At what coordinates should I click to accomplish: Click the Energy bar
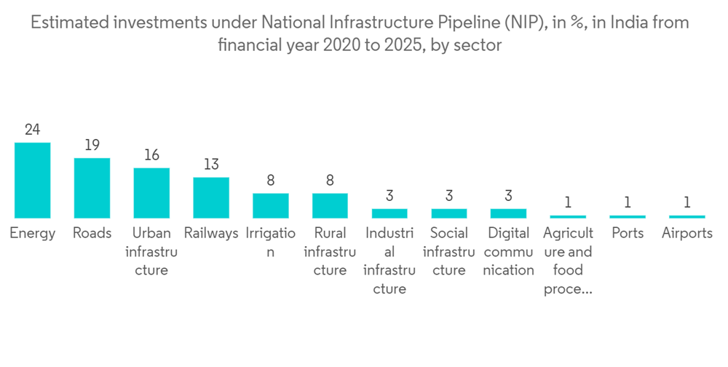coord(33,180)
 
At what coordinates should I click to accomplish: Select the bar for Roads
coord(92,188)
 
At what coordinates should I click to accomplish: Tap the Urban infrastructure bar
coord(151,193)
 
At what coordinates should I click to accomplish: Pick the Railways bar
coord(211,197)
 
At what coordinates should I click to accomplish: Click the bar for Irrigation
coord(270,205)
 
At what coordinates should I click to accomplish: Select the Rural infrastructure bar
coord(330,205)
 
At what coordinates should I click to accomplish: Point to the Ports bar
coord(627,216)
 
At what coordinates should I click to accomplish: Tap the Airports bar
coord(687,216)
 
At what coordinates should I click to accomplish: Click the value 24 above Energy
coord(32,130)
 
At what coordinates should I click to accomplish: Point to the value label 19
coord(92,145)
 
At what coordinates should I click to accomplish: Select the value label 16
coord(151,155)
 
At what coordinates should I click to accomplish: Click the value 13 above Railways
coord(211,165)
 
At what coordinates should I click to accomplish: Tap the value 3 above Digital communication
coord(508,196)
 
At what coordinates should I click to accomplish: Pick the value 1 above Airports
coord(687,202)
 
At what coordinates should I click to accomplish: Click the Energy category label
coord(33,234)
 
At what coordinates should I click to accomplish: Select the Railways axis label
coord(211,234)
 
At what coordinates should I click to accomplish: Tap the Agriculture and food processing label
coord(568,261)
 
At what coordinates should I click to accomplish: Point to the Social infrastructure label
coord(449,252)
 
